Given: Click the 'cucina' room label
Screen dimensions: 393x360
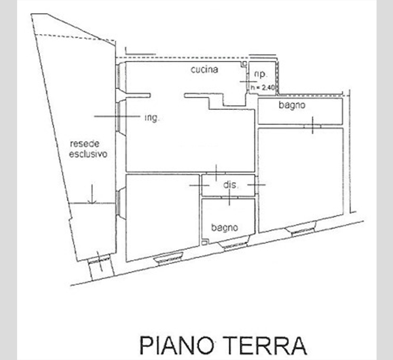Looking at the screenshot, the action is [204, 69].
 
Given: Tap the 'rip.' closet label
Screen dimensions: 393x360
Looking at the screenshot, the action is [261, 74].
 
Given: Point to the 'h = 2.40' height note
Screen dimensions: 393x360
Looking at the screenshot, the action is [263, 88].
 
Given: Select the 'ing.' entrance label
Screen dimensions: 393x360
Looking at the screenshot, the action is [152, 118].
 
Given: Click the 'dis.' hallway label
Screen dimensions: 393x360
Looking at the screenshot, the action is [231, 185].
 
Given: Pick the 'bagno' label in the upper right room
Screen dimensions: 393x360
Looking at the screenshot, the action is [292, 105].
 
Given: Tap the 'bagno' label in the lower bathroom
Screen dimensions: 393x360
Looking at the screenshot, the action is [225, 228].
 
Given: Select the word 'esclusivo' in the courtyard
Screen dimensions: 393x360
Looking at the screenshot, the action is [88, 154].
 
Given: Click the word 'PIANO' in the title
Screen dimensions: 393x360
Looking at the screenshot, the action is [177, 346].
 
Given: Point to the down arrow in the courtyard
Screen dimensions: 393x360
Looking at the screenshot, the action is [92, 194].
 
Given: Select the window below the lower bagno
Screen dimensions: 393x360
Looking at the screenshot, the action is [234, 243].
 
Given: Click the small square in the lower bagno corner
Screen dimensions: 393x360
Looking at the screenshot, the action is [205, 242].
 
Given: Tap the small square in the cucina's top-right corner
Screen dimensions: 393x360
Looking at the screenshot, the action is [244, 64].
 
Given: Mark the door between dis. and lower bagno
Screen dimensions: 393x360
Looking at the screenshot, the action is [229, 198].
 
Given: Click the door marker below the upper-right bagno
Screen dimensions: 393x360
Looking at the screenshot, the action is [312, 126].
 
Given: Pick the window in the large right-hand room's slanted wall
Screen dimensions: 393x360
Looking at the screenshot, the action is [302, 228].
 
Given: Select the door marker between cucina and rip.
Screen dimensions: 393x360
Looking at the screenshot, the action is [248, 81].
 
